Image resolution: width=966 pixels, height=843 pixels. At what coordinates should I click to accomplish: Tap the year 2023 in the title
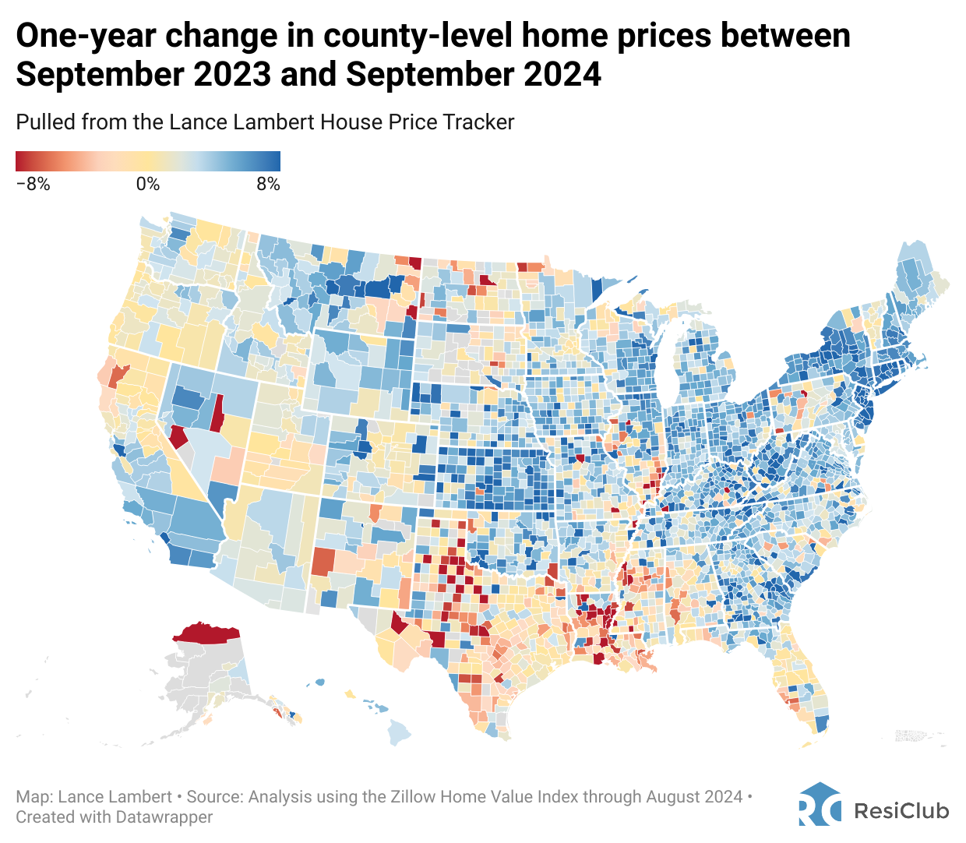(x=232, y=75)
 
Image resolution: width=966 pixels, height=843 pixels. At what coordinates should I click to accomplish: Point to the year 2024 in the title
(x=562, y=75)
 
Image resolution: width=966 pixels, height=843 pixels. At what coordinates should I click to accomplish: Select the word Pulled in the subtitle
(x=39, y=122)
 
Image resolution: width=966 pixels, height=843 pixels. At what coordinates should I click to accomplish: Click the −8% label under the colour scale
(x=33, y=185)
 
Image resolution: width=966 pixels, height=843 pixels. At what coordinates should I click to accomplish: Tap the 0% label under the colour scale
(x=147, y=185)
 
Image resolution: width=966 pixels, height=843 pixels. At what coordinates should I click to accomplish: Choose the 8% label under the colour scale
(x=267, y=185)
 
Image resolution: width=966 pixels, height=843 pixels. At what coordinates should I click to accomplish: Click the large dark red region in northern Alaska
(x=206, y=633)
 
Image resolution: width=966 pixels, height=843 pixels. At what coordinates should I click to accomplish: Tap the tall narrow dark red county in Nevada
(x=218, y=412)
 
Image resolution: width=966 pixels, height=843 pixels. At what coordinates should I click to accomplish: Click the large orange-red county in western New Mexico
(x=323, y=561)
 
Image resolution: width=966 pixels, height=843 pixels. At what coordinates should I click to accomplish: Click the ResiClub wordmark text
(x=901, y=811)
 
